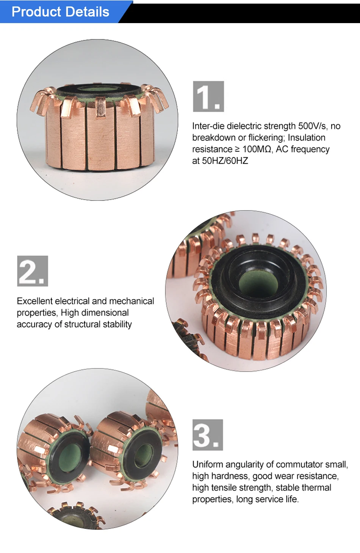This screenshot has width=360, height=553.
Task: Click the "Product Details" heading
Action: tap(60, 12)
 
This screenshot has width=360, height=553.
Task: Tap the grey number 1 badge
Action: tap(208, 96)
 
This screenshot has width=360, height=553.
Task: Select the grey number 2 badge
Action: tap(33, 271)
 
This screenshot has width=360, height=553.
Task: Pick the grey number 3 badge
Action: tap(208, 435)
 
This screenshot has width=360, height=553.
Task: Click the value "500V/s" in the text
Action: tap(312, 126)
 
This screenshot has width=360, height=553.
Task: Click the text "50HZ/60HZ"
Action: tap(225, 161)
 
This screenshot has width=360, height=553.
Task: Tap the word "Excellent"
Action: tap(35, 301)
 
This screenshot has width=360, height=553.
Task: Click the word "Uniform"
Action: tap(208, 464)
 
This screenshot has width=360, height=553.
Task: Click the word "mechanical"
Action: tap(131, 301)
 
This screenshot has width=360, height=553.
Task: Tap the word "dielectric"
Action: tap(244, 126)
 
